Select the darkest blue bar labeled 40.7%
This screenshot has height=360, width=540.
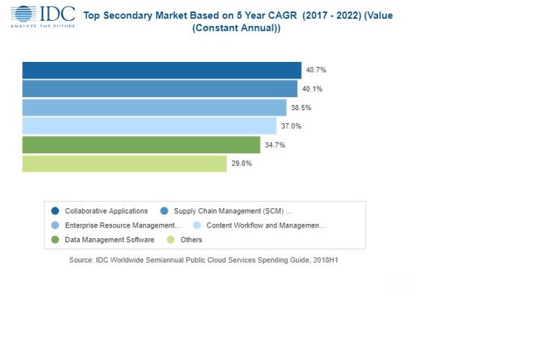[x=161, y=70]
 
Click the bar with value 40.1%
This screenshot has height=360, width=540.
[x=159, y=89]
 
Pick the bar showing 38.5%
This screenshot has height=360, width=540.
[x=154, y=107]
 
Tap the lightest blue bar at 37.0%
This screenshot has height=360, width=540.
[x=149, y=126]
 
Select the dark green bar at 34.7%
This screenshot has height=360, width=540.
[x=141, y=145]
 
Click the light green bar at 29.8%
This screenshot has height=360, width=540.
[x=124, y=163]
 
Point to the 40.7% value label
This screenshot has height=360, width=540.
[x=316, y=70]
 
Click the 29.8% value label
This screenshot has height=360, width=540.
[x=241, y=163]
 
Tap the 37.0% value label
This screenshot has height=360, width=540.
[x=291, y=126]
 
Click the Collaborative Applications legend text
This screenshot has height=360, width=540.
[x=106, y=211]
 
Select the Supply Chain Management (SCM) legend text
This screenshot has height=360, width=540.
[x=233, y=211]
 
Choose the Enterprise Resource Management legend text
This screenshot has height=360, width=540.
[x=122, y=225]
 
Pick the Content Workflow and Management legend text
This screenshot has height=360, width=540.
[x=266, y=225]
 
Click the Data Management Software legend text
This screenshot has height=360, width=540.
[x=109, y=240]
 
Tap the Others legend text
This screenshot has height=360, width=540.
[x=192, y=240]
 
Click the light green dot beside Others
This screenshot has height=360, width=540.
[x=171, y=240]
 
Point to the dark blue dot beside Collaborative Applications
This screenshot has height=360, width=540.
[x=55, y=211]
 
